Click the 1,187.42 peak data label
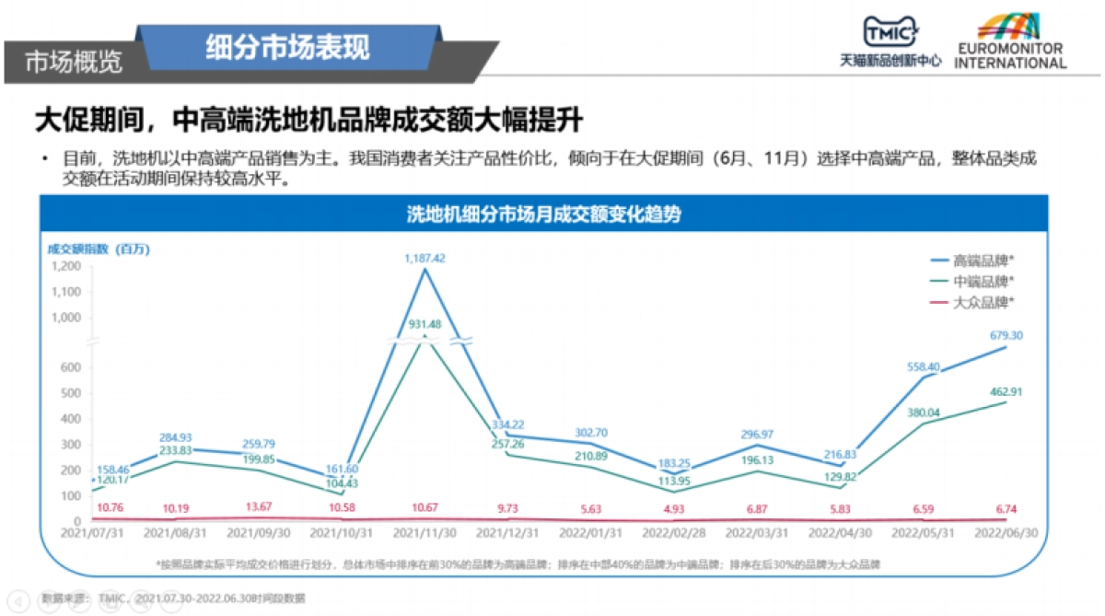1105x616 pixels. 425,259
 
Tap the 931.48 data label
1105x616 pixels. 424,324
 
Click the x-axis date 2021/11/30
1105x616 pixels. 424,533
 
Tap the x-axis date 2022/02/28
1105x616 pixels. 672,533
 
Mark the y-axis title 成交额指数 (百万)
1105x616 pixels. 99,249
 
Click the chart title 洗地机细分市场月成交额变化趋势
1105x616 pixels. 543,215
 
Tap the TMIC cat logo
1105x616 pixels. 890,34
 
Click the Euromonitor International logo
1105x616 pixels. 1010,41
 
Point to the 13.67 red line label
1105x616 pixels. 258,506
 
